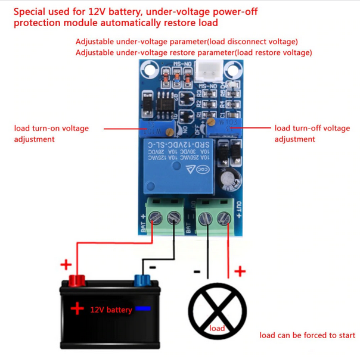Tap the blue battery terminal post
142,280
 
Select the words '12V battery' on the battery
111,310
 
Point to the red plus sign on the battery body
77,308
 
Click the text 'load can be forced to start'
307,335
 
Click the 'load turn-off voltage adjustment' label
312,133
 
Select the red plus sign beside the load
240,272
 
